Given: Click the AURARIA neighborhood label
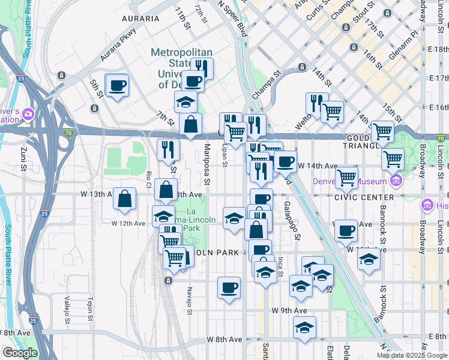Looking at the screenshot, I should [140, 19].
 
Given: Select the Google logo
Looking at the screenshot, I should [20, 353].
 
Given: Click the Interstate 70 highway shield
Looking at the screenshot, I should [70, 132].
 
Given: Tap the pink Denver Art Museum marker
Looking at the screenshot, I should [395, 181].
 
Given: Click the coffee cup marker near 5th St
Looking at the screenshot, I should [117, 86].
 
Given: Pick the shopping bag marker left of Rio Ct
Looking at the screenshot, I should [124, 199].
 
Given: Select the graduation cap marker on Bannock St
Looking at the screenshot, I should [369, 260].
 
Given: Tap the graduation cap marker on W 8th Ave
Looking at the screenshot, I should [304, 328].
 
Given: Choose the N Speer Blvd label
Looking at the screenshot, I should [233, 18].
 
